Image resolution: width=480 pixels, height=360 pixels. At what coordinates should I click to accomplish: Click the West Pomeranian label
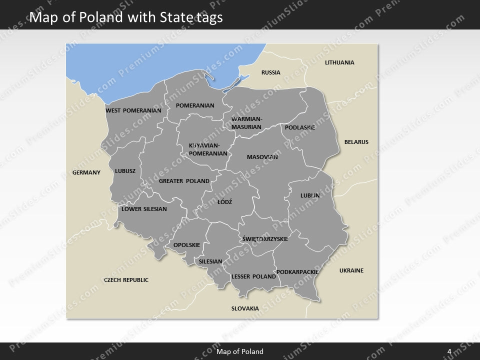(133, 110)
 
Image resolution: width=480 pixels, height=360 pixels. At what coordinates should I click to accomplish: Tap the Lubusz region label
(125, 171)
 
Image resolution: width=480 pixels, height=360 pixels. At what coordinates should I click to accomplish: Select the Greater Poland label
(184, 181)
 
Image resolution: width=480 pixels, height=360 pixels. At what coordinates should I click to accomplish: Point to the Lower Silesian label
(144, 209)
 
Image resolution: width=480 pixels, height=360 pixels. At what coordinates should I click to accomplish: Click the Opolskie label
(186, 245)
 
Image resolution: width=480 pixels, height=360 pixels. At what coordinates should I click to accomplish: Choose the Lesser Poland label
(253, 276)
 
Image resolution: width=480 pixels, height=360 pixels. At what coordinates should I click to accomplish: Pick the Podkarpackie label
(297, 272)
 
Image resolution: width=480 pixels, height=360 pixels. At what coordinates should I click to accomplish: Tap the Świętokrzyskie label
(264, 239)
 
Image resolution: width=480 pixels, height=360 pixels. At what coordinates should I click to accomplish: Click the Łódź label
(224, 202)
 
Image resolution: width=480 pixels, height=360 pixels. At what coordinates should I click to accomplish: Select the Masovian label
(262, 157)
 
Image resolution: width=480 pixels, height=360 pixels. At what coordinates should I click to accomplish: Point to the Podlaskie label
(300, 127)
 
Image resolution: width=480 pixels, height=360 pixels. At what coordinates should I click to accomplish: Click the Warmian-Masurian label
(246, 123)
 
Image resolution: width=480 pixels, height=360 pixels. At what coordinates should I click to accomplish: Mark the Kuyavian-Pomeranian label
(208, 149)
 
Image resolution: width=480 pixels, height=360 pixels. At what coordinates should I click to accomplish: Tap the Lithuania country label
(339, 62)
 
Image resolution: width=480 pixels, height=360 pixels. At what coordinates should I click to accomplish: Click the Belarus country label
(356, 142)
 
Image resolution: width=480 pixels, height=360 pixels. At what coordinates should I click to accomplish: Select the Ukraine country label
(351, 270)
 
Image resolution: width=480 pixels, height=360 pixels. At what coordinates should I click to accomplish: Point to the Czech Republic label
(126, 280)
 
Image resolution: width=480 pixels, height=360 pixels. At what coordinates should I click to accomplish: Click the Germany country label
(86, 172)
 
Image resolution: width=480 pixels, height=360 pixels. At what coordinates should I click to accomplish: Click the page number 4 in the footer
(449, 351)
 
